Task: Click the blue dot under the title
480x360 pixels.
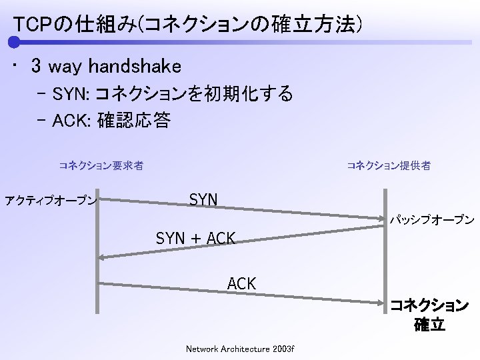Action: [14, 43]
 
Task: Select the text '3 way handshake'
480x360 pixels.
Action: [105, 67]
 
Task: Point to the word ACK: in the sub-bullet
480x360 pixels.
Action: [73, 121]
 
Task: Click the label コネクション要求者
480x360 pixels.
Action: [101, 165]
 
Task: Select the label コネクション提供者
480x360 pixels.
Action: [389, 165]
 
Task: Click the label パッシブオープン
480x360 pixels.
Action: [432, 219]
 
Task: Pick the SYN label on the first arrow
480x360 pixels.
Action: [203, 199]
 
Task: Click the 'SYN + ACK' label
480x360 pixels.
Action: [195, 237]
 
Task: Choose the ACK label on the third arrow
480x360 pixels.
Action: [241, 283]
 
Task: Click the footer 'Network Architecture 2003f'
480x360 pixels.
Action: [240, 349]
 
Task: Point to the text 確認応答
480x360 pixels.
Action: [133, 121]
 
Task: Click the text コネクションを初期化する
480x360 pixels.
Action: [194, 94]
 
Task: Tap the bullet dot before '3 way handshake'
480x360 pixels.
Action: [15, 67]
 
